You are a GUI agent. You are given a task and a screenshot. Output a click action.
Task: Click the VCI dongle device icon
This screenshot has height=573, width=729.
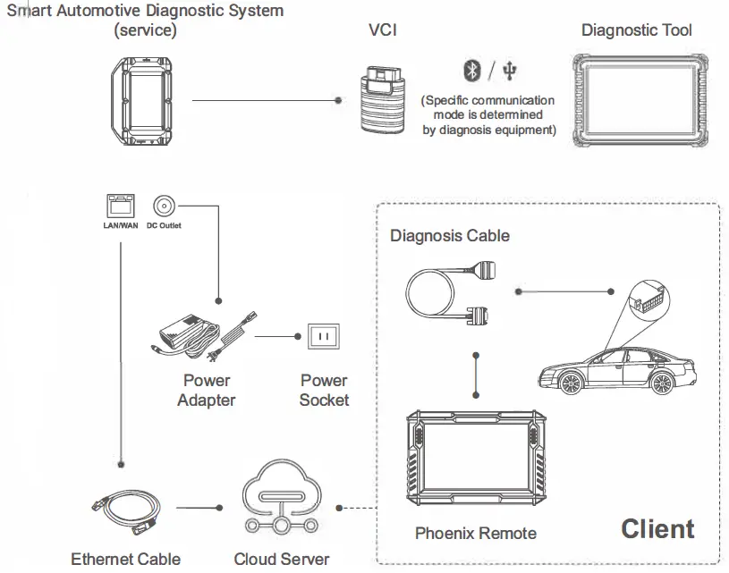click(x=384, y=99)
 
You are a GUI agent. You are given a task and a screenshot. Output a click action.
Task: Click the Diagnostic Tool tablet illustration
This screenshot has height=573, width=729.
click(x=637, y=100)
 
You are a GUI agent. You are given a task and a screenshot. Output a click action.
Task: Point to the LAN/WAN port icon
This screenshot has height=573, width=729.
click(x=119, y=206)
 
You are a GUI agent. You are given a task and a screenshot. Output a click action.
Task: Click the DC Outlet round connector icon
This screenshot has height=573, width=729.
click(x=163, y=205)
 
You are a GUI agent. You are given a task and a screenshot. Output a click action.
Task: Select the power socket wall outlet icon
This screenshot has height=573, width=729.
click(x=324, y=337)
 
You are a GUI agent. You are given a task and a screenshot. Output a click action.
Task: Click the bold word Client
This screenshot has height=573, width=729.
click(x=657, y=529)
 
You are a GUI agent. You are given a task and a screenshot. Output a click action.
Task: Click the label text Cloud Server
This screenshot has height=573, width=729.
click(x=281, y=560)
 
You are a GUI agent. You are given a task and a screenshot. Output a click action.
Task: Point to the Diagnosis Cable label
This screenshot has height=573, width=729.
click(x=449, y=236)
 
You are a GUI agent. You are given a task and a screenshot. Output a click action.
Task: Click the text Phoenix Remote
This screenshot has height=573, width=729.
click(x=475, y=534)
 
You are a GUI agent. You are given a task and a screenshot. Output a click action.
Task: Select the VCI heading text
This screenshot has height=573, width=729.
click(x=382, y=30)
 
